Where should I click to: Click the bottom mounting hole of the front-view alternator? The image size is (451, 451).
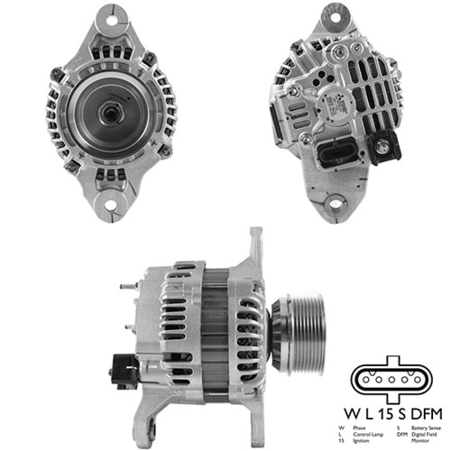(111, 206)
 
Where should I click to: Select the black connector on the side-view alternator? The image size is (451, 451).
(121, 367)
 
